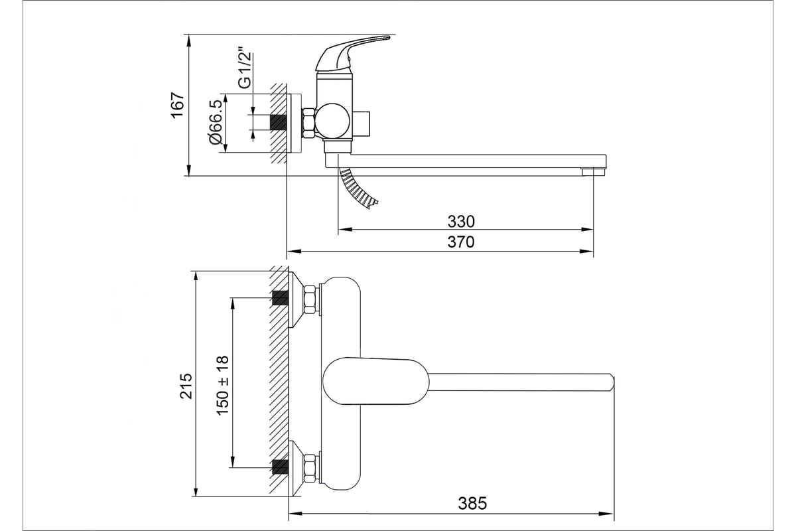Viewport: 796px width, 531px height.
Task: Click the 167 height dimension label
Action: [177, 106]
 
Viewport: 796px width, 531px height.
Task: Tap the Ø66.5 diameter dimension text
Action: [216, 122]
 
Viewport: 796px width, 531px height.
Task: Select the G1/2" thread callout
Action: [245, 67]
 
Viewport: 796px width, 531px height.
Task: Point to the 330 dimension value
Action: [461, 222]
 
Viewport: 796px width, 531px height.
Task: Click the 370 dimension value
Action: [461, 242]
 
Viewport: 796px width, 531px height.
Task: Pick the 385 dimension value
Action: [472, 503]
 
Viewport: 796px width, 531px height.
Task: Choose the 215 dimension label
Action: [186, 386]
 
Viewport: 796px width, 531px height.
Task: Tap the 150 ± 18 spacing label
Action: [222, 386]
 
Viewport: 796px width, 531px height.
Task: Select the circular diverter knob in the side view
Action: [333, 121]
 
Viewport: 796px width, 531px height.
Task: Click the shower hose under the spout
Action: [357, 189]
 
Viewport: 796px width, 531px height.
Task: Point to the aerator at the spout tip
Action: [593, 172]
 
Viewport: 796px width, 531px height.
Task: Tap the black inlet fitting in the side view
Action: [278, 122]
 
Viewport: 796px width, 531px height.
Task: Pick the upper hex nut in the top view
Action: [310, 299]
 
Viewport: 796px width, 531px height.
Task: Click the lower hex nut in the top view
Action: [310, 468]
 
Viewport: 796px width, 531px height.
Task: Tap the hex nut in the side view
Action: [308, 123]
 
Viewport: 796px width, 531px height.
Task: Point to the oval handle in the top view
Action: [375, 381]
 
